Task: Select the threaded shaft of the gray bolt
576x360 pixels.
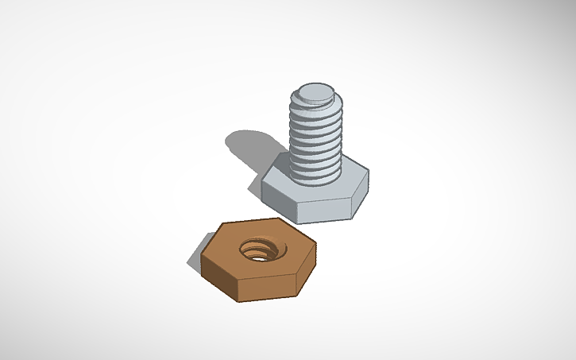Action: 316,135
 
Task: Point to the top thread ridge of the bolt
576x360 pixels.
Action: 316,103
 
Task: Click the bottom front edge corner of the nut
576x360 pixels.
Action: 237,300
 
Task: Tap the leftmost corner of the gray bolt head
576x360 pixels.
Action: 262,181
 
